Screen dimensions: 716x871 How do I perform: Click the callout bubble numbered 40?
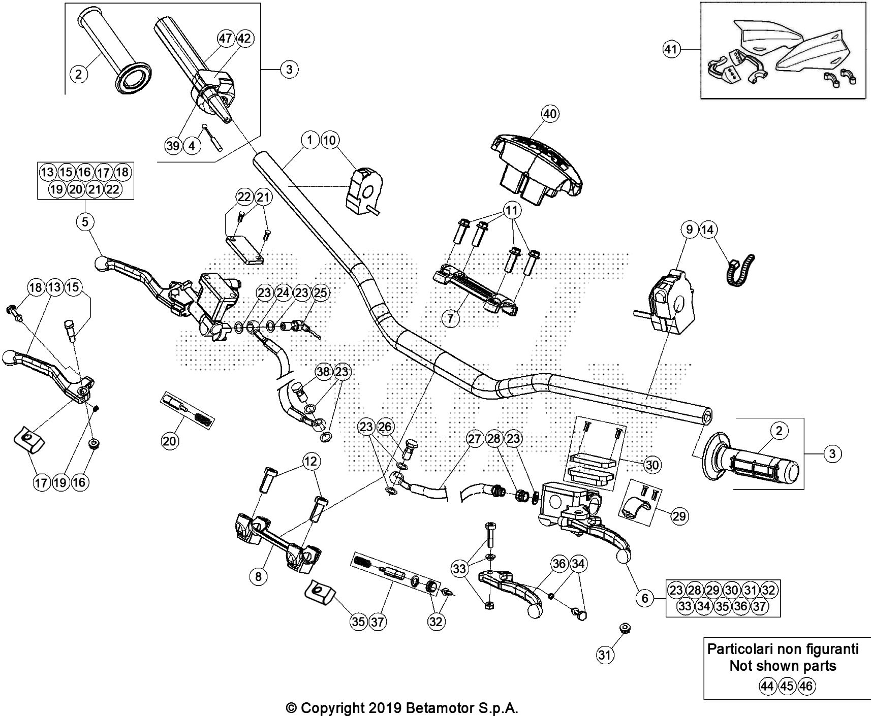[x=550, y=114]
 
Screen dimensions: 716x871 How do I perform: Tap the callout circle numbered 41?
[x=672, y=49]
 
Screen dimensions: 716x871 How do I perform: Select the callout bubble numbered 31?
[x=604, y=656]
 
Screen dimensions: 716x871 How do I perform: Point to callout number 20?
[x=170, y=441]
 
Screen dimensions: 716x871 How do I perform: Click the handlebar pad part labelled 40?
[x=539, y=162]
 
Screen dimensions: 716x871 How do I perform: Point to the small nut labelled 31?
[x=625, y=629]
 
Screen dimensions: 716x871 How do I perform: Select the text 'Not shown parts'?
[x=783, y=666]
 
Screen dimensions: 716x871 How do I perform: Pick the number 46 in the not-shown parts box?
[x=806, y=687]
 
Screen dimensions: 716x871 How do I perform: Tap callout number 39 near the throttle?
[x=173, y=146]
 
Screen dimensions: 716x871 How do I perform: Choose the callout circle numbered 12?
[x=311, y=461]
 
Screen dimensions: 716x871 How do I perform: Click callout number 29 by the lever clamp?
[x=679, y=516]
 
